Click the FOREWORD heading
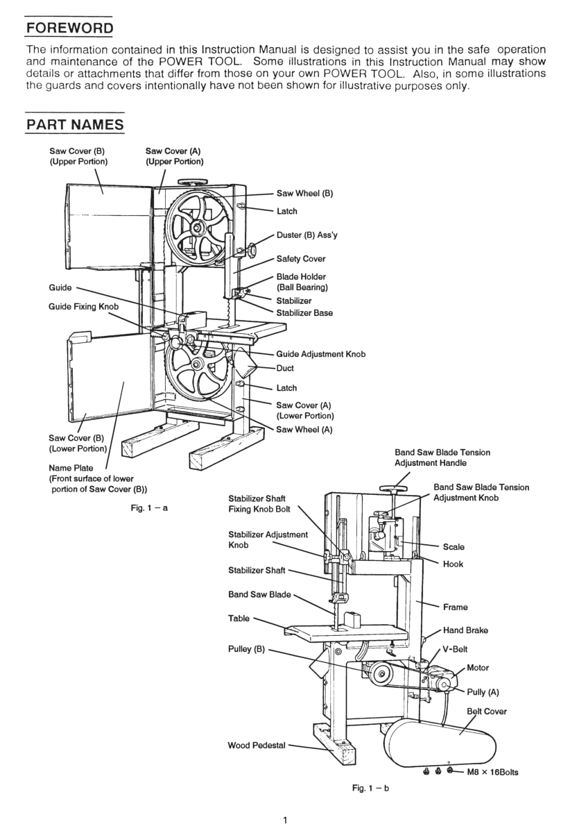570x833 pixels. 69,28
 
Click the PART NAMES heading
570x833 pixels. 75,124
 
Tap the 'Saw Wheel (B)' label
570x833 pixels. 304,194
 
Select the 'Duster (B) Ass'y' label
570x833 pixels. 307,235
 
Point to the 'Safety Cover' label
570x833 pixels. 301,259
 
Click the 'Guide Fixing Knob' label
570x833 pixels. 84,307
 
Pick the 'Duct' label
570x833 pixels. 285,368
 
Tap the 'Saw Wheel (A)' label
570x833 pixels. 304,430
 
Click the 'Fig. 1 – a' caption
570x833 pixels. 149,508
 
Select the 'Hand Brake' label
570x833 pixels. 465,630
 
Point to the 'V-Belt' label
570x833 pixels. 455,649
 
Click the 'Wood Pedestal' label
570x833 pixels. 257,746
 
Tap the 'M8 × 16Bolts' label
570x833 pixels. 492,772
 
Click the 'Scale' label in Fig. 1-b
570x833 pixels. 454,547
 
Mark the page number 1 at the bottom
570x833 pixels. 285,820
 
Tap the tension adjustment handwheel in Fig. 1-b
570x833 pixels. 393,488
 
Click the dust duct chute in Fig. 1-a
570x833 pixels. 244,362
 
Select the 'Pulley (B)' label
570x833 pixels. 246,649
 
